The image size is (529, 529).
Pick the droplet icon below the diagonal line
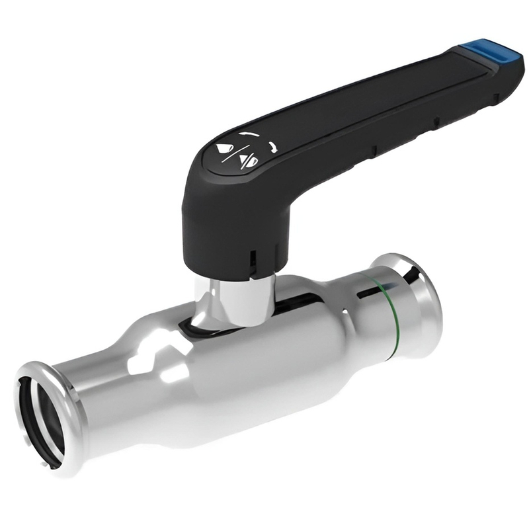[x=247, y=159]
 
